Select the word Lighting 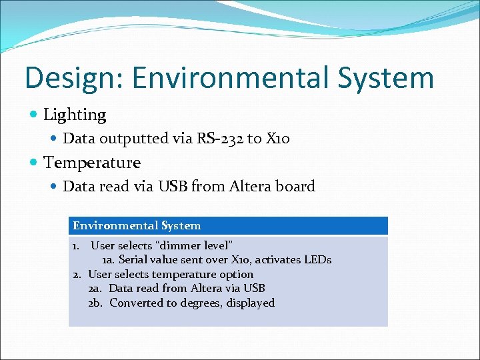(75, 115)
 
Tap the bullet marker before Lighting (33, 115)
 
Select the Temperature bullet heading (92, 162)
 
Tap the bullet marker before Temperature (33, 162)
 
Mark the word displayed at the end (251, 303)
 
